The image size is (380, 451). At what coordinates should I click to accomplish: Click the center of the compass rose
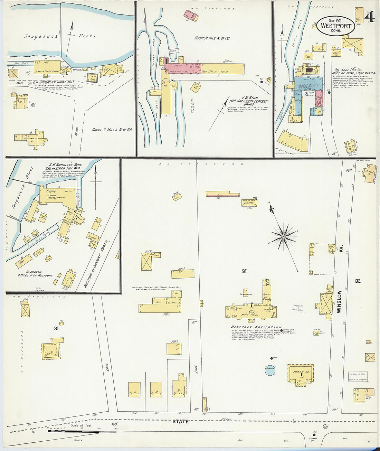click(283, 237)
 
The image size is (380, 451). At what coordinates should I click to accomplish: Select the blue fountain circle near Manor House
click(270, 370)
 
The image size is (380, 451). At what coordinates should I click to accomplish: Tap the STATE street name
click(181, 422)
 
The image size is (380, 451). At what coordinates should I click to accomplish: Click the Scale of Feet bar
click(82, 431)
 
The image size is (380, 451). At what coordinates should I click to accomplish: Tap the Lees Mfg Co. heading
click(350, 70)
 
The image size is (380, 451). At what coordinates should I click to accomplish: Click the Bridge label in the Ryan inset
click(173, 51)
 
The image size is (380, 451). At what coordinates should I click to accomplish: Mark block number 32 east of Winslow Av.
click(358, 281)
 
